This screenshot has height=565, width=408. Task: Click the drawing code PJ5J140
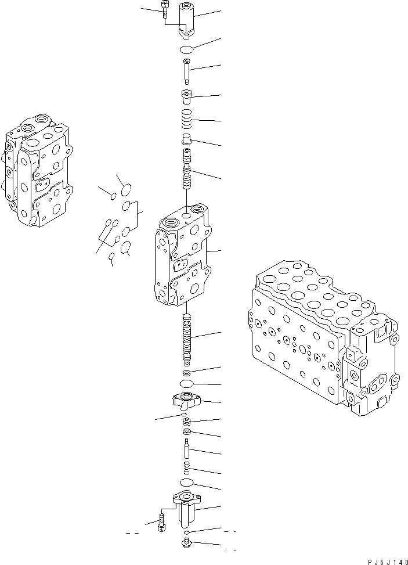[x=384, y=561]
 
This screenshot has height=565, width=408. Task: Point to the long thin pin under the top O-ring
[x=187, y=72]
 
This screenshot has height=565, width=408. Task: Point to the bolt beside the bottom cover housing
[x=161, y=520]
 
